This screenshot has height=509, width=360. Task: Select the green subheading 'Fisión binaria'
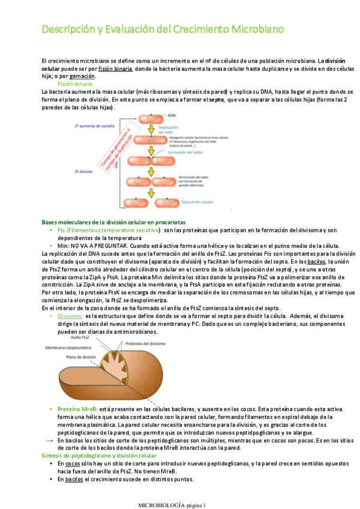[75, 84]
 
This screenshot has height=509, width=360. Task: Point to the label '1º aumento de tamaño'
[95, 127]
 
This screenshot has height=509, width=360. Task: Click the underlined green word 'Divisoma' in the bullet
[70, 316]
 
